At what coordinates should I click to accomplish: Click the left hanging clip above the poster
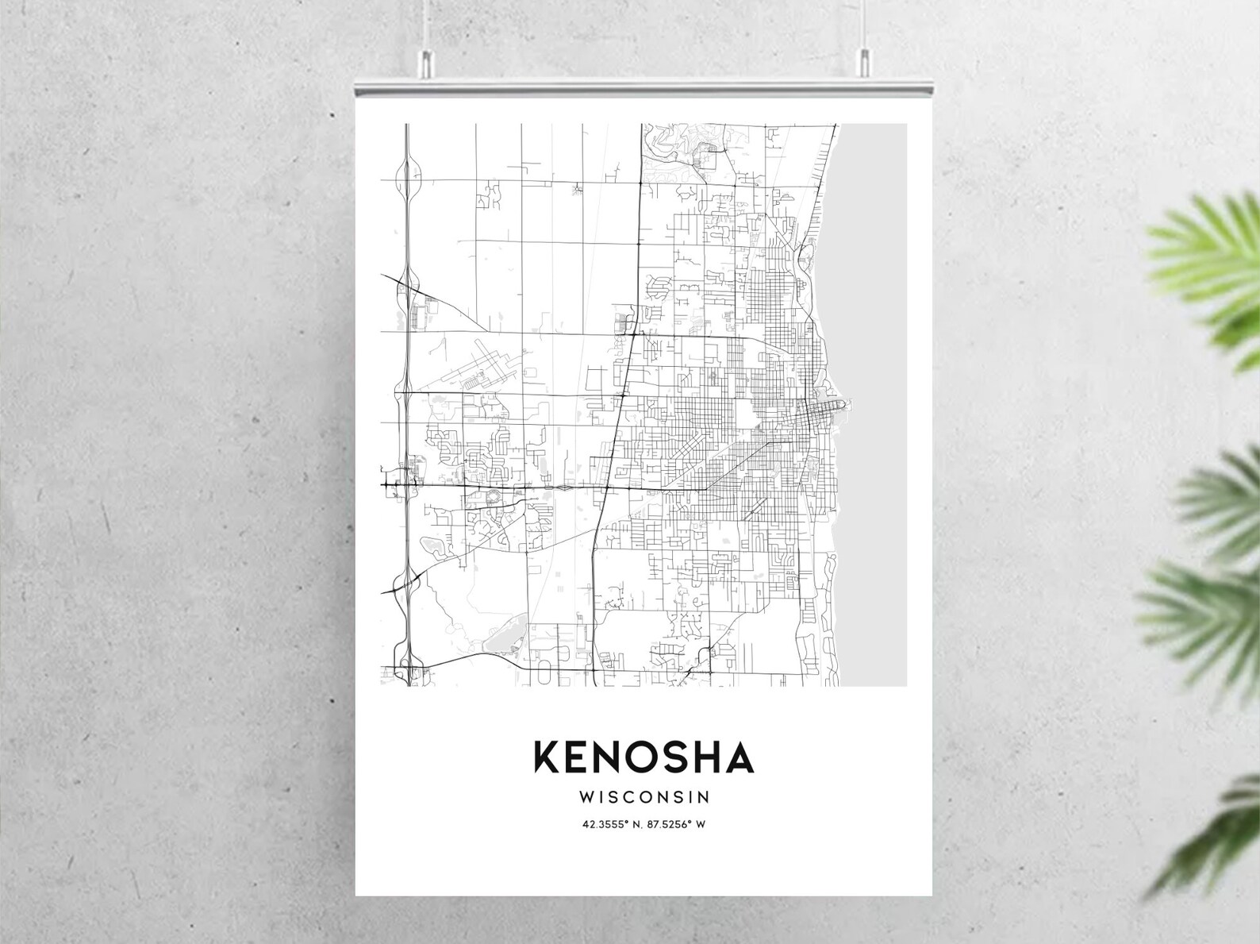click(428, 59)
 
